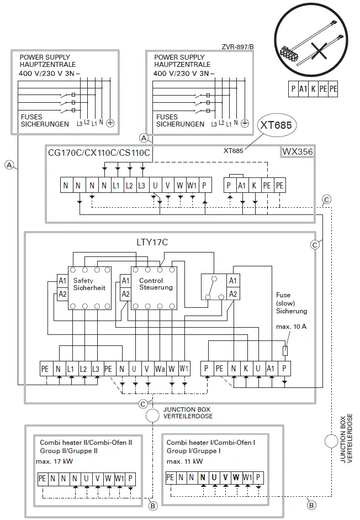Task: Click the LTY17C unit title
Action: [152, 241]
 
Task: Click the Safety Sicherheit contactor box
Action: [90, 287]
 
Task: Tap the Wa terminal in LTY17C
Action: [160, 369]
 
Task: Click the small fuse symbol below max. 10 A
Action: [284, 350]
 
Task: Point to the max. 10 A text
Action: [291, 327]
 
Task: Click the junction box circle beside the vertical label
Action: [330, 440]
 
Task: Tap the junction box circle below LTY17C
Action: [152, 416]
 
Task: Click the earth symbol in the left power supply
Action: [109, 123]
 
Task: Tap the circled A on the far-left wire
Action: [9, 164]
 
